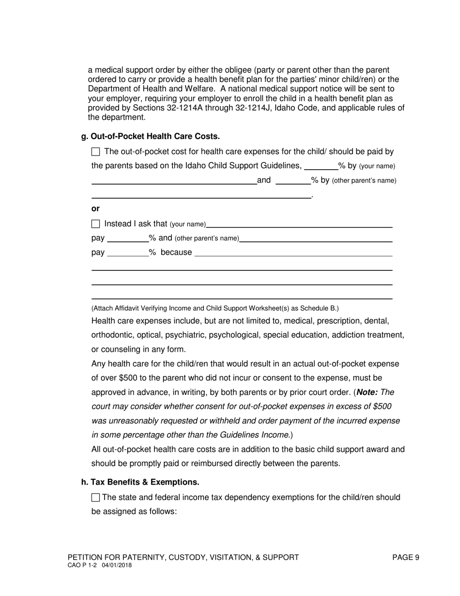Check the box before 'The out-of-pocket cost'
(x=95, y=152)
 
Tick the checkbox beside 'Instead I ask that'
(x=95, y=224)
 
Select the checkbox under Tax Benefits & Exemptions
(x=95, y=498)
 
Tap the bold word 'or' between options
(x=95, y=209)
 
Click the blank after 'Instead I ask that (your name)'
(x=299, y=224)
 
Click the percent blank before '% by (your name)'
(x=320, y=166)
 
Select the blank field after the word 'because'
(x=293, y=252)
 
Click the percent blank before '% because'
(x=127, y=252)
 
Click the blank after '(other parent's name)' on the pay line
(x=316, y=238)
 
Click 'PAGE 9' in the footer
(x=405, y=557)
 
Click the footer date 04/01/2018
(x=117, y=565)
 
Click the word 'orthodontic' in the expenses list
(x=113, y=335)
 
